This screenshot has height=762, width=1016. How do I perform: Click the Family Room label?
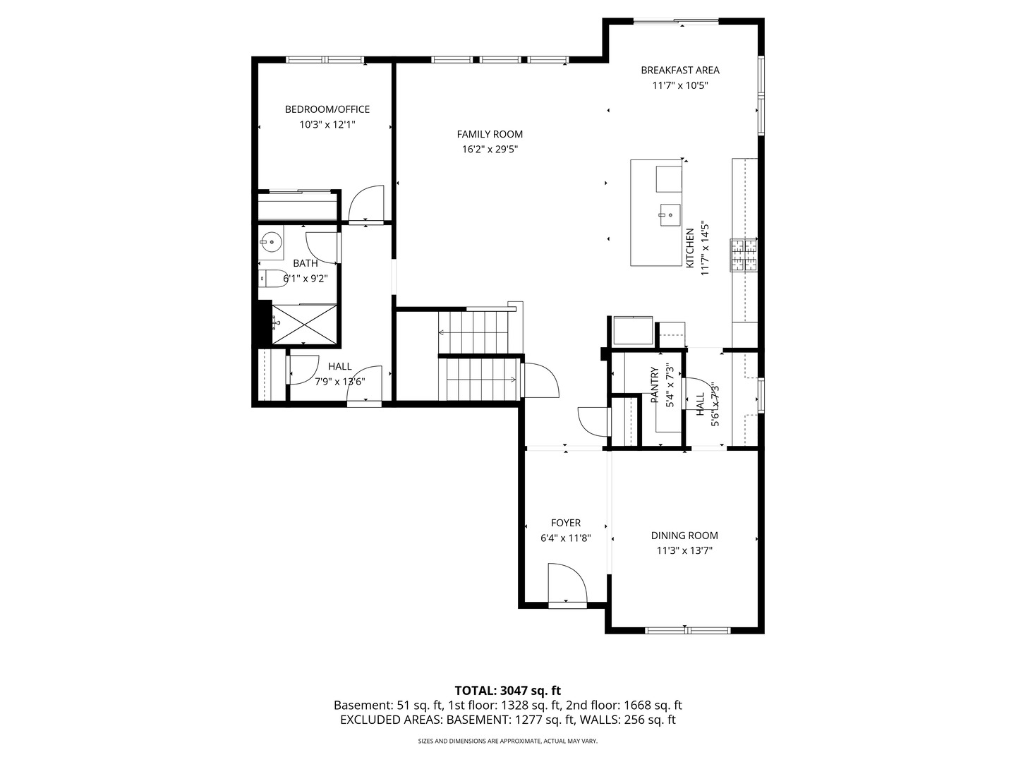click(490, 134)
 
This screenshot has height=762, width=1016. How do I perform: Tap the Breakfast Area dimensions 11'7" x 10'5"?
click(680, 85)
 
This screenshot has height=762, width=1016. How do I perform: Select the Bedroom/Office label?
click(327, 109)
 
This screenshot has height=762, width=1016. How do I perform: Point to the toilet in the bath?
click(272, 279)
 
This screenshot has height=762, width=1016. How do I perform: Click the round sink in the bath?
click(271, 241)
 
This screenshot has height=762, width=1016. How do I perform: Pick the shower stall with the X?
click(304, 324)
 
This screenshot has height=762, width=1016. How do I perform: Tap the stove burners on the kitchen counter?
click(744, 255)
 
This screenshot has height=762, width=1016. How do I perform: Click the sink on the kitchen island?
click(670, 215)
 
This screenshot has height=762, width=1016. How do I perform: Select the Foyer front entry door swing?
click(567, 583)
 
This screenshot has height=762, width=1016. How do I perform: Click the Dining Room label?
click(684, 536)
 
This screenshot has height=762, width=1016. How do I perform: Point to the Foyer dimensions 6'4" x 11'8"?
click(566, 538)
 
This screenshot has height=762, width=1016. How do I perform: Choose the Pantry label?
click(655, 385)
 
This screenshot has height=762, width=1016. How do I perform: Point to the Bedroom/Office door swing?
click(366, 204)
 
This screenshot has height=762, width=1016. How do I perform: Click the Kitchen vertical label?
click(690, 248)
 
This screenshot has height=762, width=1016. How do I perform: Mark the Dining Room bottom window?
click(688, 630)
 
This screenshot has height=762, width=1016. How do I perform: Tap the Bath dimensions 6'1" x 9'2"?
click(306, 279)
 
